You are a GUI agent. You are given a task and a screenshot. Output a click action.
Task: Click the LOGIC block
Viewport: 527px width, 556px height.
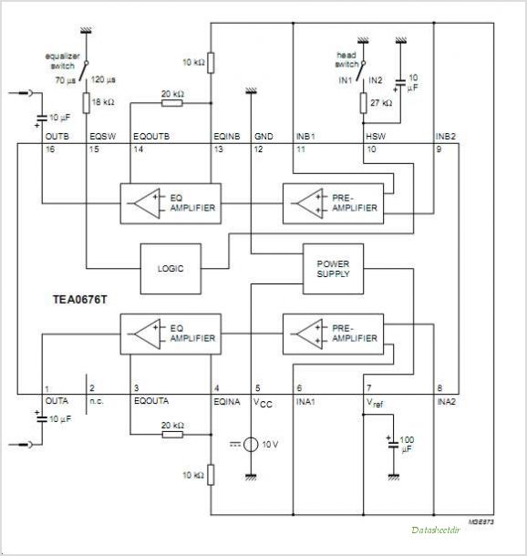pos(170,268)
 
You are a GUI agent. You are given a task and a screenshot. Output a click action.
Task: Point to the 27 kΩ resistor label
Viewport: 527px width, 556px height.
pos(380,103)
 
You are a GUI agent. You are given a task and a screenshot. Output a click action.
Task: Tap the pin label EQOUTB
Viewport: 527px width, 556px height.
pos(150,136)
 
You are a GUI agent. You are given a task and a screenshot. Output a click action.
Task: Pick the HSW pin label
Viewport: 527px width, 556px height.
pos(374,136)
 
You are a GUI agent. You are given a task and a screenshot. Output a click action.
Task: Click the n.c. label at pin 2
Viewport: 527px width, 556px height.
pos(96,399)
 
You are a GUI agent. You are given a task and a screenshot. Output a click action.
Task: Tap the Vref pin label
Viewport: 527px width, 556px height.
pos(376,400)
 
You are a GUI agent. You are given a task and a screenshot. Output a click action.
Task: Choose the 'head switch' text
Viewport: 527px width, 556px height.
pos(347,60)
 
